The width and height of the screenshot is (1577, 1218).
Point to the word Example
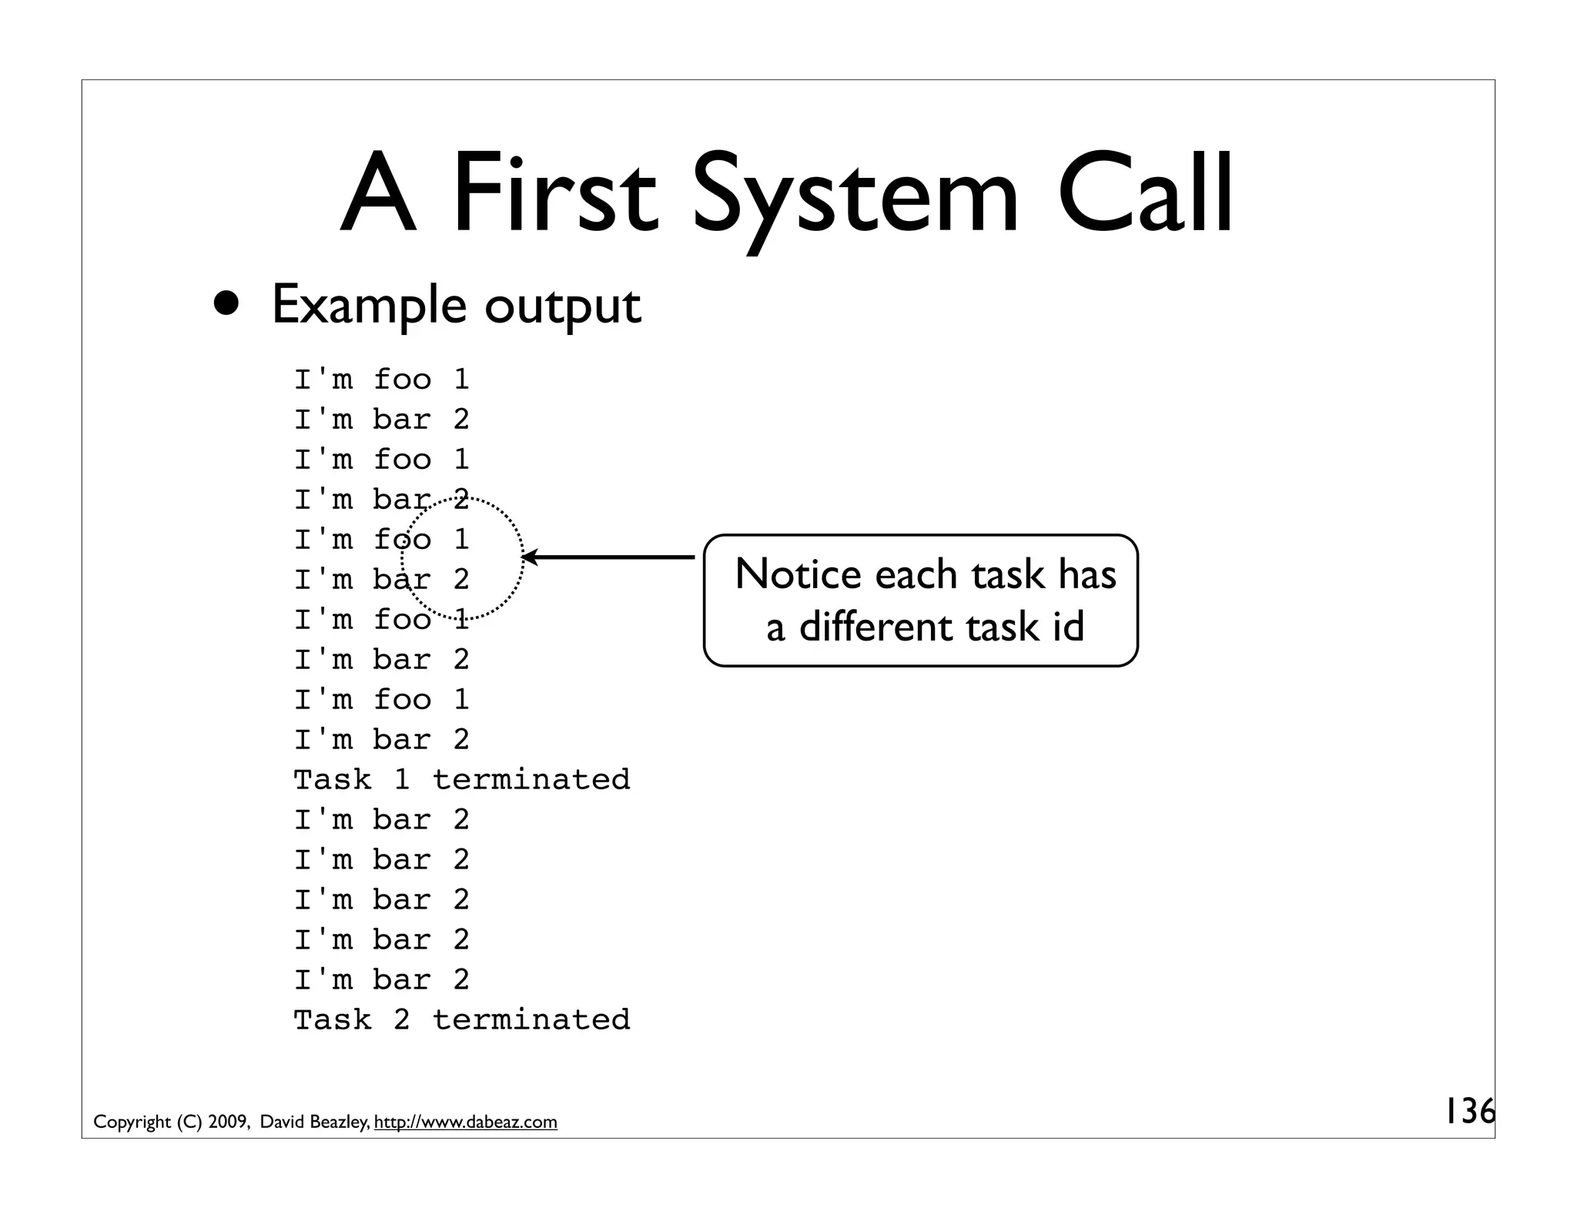tap(369, 306)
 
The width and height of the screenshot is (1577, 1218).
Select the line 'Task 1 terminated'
tap(461, 780)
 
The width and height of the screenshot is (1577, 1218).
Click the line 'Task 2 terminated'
tap(461, 1020)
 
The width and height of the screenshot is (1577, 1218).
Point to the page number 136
tap(1469, 1111)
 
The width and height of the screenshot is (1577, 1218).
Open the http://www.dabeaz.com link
tap(465, 1123)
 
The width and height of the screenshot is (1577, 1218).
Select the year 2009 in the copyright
tap(227, 1123)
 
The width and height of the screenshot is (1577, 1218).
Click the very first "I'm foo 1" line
tap(381, 380)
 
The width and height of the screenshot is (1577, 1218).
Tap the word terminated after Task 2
tap(531, 1020)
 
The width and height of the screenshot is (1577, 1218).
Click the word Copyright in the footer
tap(132, 1123)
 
